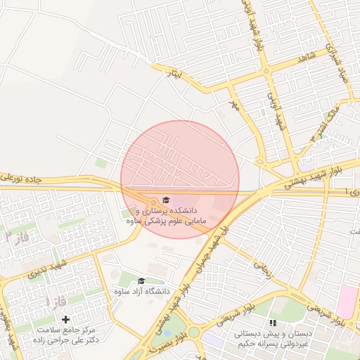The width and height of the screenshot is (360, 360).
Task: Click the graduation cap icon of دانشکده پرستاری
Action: point(166,200)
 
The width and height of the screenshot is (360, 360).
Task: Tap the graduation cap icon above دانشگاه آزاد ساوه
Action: point(141,281)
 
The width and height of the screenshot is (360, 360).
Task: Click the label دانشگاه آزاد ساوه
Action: point(141,291)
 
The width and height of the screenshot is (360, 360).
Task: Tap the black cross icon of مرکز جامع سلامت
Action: point(66,319)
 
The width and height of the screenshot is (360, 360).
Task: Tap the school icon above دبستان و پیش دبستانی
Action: point(272,322)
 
